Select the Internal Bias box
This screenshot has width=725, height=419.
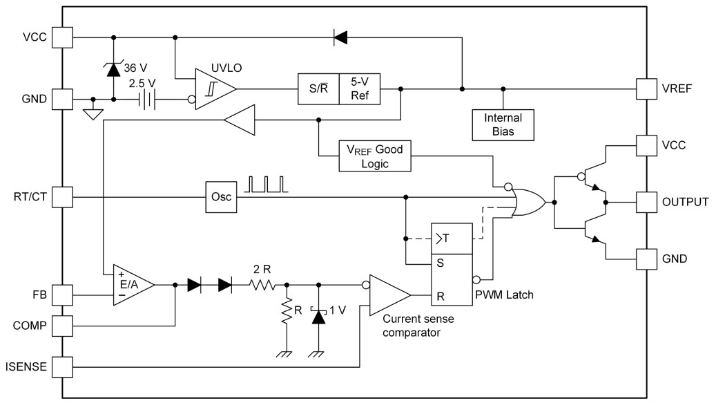pos(503,124)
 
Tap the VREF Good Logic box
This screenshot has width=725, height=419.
pos(374,156)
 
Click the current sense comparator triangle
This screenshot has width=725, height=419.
pos(389,296)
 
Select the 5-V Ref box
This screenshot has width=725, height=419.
pos(360,89)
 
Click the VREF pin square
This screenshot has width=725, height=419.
pos(646,89)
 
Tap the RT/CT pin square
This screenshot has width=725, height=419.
pos(63,197)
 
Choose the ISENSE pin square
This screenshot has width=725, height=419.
pos(63,366)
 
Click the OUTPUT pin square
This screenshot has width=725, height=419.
pos(646,202)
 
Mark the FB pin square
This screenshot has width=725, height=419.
pos(63,295)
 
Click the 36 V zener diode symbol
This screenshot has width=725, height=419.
pos(114,68)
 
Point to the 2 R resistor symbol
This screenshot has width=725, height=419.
pos(262,284)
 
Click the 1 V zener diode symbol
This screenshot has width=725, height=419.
pos(318,315)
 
